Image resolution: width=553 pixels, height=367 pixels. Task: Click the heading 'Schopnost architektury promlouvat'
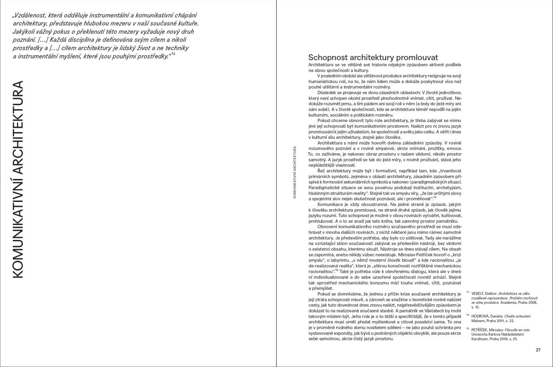(x=373, y=58)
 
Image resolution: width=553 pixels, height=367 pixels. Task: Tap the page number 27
(x=538, y=350)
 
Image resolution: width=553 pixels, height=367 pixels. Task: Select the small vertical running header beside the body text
(x=294, y=172)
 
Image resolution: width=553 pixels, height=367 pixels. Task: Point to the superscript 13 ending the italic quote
(x=173, y=55)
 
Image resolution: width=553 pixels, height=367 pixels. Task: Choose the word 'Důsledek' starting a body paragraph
(x=326, y=91)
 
